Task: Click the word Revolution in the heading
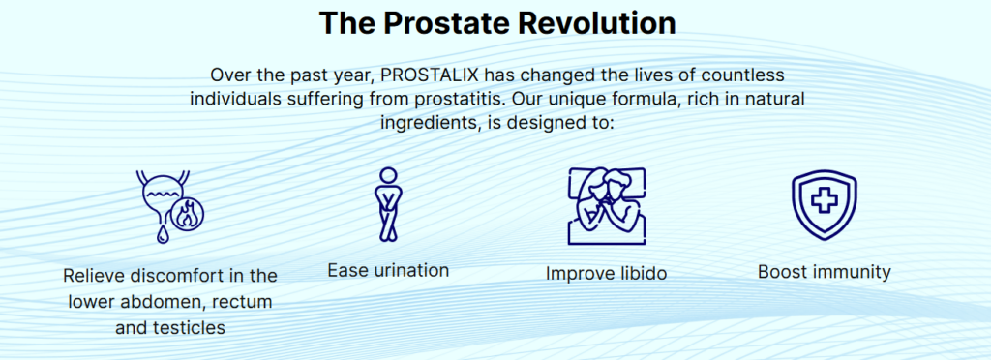tap(596, 22)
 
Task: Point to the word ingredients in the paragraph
tap(426, 122)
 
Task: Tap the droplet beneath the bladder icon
tap(162, 234)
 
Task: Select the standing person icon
tap(388, 204)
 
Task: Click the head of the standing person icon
tap(388, 175)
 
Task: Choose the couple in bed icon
tap(607, 206)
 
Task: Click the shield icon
tap(825, 204)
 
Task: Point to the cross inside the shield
tap(825, 200)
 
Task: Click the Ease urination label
tap(388, 270)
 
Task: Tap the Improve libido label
tap(606, 273)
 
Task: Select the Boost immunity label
tap(825, 272)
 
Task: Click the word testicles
tap(190, 328)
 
